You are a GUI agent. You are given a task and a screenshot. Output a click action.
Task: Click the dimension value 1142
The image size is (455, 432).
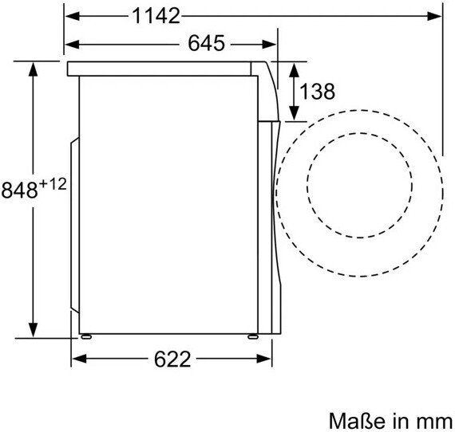pos(156,16)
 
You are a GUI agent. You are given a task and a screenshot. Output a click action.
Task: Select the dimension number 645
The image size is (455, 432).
pos(206,44)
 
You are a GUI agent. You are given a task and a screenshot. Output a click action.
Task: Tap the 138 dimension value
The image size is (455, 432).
pos(317,92)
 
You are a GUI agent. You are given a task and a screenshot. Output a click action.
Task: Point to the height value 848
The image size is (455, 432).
pos(20,190)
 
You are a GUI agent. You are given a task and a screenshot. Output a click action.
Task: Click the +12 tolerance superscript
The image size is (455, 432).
pos(53,184)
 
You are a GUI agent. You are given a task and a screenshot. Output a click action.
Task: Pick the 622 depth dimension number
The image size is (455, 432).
pos(172,359)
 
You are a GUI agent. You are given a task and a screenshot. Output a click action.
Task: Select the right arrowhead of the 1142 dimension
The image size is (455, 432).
pos(434,16)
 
